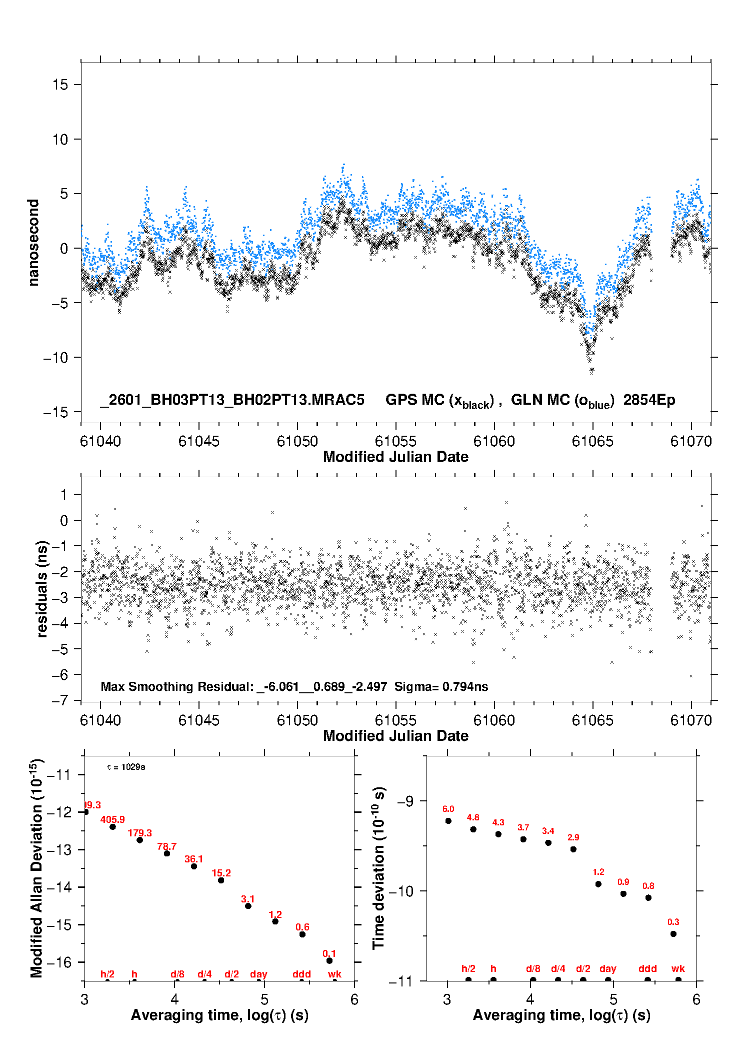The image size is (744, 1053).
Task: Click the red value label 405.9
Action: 112,819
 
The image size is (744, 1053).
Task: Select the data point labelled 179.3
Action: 140,840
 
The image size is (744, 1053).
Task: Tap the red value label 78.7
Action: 166,846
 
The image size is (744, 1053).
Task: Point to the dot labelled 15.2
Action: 221,880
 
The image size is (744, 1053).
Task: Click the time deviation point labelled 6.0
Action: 448,821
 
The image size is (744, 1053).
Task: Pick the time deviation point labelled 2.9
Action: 573,849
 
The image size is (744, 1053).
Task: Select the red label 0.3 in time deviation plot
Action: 673,922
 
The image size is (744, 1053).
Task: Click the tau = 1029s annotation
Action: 126,767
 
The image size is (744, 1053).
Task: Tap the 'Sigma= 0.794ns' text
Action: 441,686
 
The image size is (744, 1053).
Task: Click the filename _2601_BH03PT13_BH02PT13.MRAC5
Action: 232,400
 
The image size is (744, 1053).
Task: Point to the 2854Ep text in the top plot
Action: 649,400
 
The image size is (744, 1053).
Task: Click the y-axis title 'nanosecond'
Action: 33,243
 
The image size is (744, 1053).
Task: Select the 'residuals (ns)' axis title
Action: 42,589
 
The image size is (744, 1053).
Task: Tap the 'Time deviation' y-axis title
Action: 379,868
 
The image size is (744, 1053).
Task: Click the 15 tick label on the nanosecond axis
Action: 60,85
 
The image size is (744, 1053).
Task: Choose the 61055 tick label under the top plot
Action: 395,441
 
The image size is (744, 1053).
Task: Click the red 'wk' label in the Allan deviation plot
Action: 334,974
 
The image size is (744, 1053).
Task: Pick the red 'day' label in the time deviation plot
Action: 608,968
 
